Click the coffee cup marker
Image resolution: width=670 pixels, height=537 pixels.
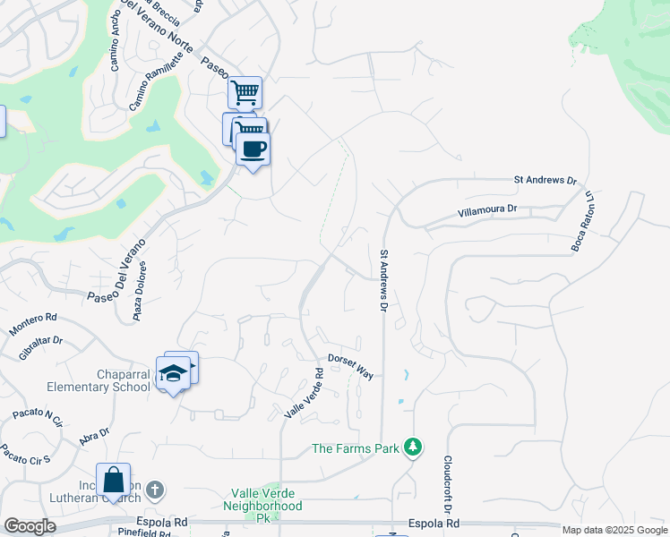point(253,149)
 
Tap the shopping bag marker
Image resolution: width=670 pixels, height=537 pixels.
point(113,480)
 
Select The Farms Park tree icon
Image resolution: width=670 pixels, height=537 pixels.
point(412,447)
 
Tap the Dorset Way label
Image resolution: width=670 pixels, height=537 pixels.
point(350,365)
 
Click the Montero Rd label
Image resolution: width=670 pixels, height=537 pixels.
point(33,324)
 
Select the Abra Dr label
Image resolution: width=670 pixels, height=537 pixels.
point(94,437)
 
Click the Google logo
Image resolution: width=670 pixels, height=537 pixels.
point(30,526)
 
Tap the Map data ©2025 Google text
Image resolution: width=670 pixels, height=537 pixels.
point(614,530)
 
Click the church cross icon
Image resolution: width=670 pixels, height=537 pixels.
point(155,490)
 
